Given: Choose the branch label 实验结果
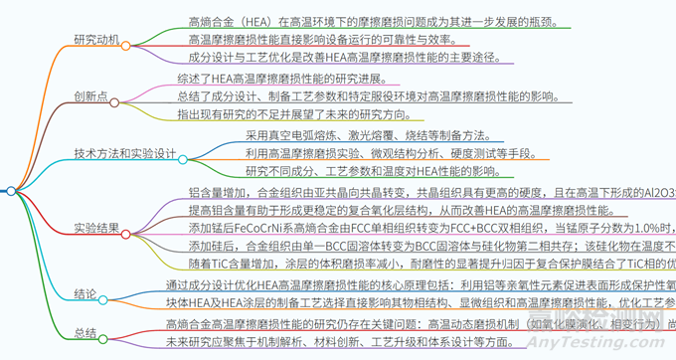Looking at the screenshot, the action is pos(96,228).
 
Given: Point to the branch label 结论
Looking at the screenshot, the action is pos(84,294).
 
